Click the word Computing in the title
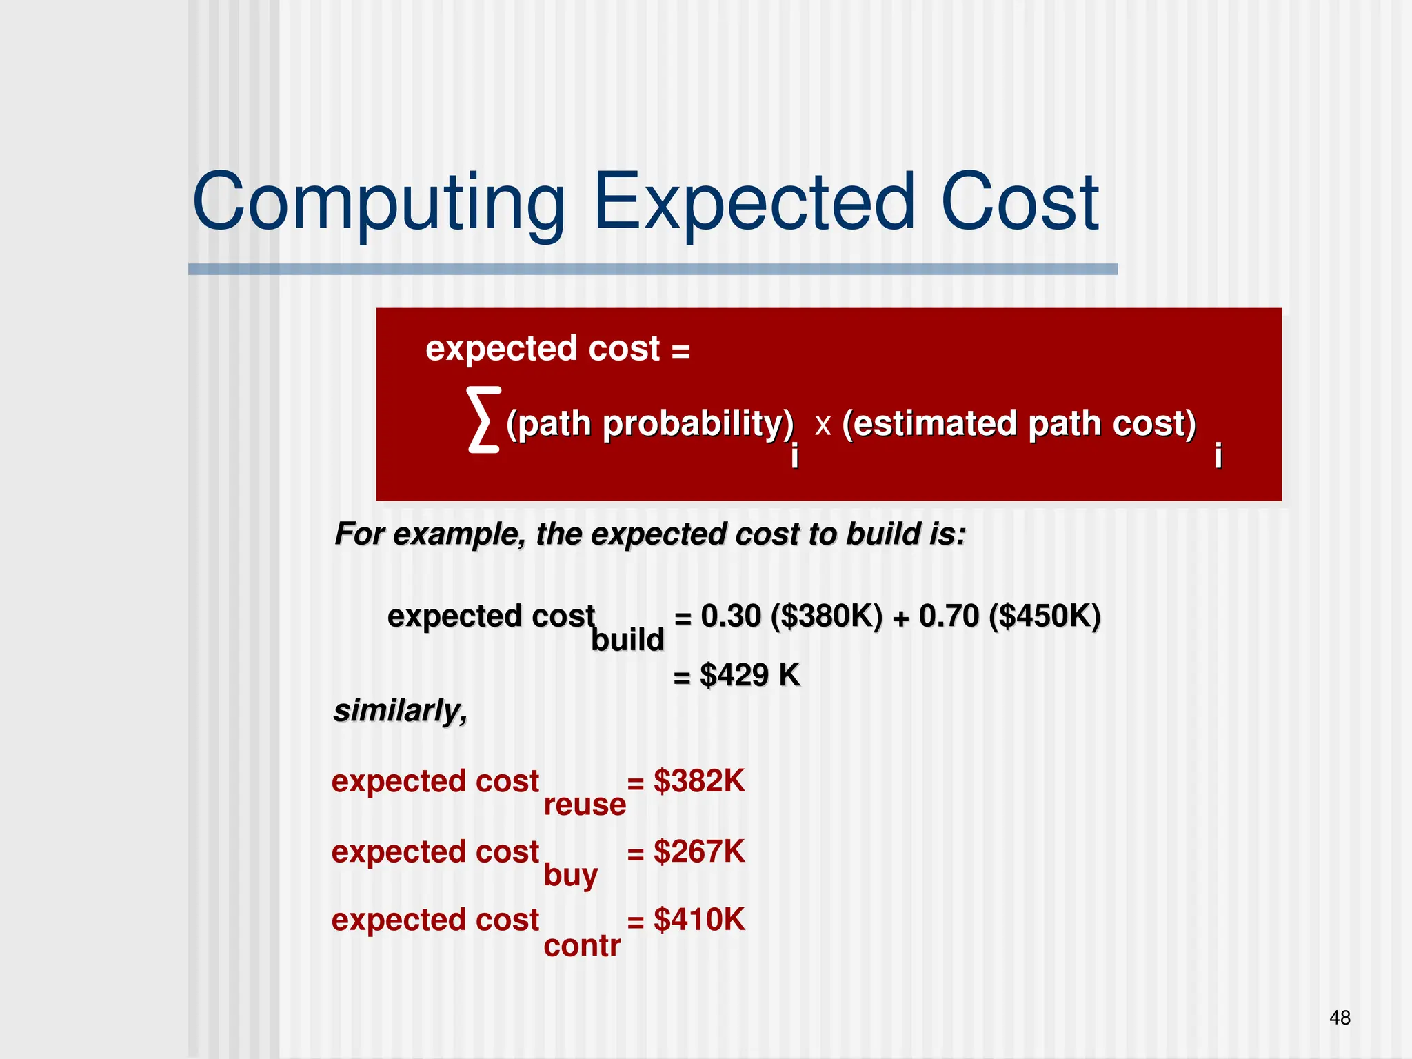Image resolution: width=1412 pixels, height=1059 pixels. point(379,203)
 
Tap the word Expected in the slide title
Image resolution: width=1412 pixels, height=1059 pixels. point(754,203)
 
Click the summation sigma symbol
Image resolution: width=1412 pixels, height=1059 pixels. point(483,420)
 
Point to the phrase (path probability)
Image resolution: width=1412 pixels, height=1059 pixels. point(649,423)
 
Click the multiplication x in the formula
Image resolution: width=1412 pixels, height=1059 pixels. point(822,424)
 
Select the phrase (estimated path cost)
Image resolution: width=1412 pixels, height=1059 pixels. point(1019,423)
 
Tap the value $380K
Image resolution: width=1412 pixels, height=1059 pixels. point(827,616)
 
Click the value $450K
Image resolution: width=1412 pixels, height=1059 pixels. point(1045,616)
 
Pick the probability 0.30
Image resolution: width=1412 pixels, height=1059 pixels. point(731,616)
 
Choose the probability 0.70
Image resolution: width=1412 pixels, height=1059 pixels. point(949,616)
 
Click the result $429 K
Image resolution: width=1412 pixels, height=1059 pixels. point(749,675)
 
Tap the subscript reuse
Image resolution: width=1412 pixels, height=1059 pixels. point(585,805)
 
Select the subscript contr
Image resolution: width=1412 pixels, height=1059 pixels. point(582,945)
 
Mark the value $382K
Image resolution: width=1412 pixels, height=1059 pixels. point(699,781)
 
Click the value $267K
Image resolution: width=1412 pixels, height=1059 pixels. point(699,851)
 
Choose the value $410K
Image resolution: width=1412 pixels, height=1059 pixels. point(699,920)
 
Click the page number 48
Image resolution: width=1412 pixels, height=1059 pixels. point(1340,1018)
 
